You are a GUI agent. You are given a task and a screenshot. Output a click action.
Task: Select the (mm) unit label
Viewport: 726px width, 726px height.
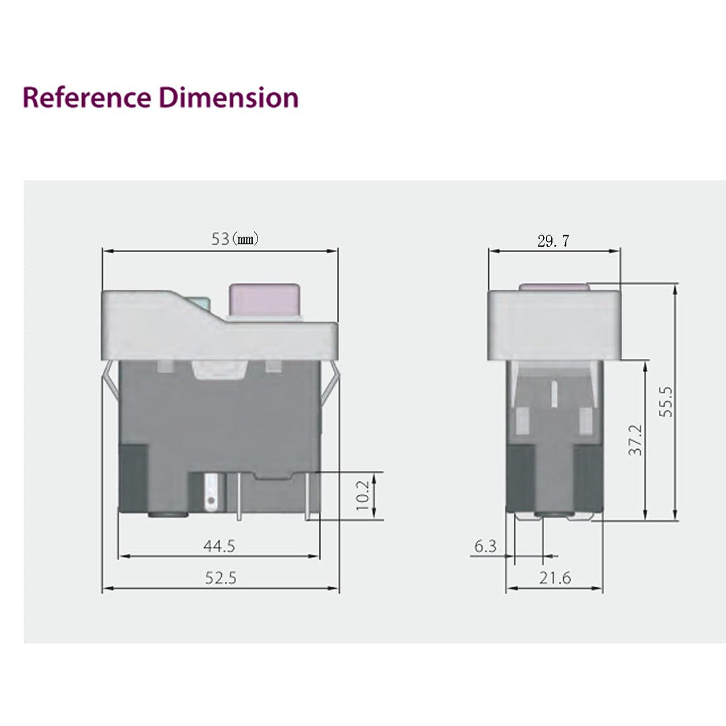click(245, 239)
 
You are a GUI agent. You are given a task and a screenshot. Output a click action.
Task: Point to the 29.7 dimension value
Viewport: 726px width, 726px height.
click(553, 241)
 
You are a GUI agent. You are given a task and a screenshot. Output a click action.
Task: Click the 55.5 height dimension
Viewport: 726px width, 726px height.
click(665, 401)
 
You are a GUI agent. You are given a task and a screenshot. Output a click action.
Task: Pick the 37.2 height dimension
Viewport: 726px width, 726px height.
click(635, 440)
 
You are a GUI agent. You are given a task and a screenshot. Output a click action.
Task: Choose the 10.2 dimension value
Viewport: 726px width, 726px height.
click(364, 495)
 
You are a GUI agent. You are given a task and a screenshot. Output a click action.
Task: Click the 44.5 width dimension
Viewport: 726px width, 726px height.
click(219, 546)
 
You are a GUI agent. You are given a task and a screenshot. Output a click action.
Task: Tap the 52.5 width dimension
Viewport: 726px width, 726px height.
click(220, 577)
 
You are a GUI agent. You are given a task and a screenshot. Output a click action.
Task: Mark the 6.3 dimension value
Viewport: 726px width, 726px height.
click(485, 546)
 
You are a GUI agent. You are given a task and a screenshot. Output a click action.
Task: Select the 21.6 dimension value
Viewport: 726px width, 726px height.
click(555, 577)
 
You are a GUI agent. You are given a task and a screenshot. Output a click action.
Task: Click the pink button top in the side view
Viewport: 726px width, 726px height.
click(554, 287)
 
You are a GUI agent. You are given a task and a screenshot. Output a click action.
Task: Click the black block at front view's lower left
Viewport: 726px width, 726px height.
click(133, 477)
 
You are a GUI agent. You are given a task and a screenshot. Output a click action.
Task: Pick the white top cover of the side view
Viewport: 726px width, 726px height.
click(553, 325)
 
